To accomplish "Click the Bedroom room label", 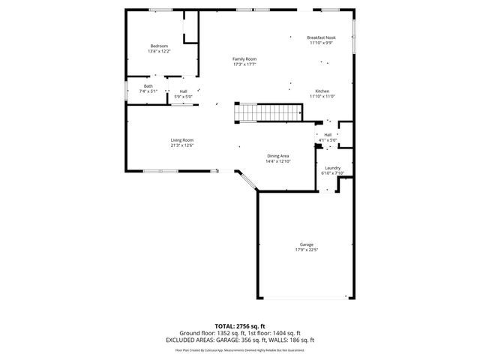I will coord(160,46).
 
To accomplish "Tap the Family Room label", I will coord(244,58).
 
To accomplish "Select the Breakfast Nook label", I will coord(321,37).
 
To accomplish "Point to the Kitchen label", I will coord(322,91).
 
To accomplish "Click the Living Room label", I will coord(182,140).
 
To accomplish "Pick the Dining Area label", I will coord(277,156).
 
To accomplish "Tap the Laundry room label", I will coord(332,168).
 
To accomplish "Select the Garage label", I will coord(306,244).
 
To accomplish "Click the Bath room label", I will coord(148,86).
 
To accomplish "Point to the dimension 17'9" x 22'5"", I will coord(306,250).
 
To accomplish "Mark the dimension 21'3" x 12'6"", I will coord(182,145).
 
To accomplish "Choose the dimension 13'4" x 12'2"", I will coord(160,51).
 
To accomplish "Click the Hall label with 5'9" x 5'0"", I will coord(183,91).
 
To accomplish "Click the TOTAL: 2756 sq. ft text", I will coord(240,326).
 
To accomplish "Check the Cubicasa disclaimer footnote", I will coord(240,349).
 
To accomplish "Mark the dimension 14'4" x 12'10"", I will coord(277,161).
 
